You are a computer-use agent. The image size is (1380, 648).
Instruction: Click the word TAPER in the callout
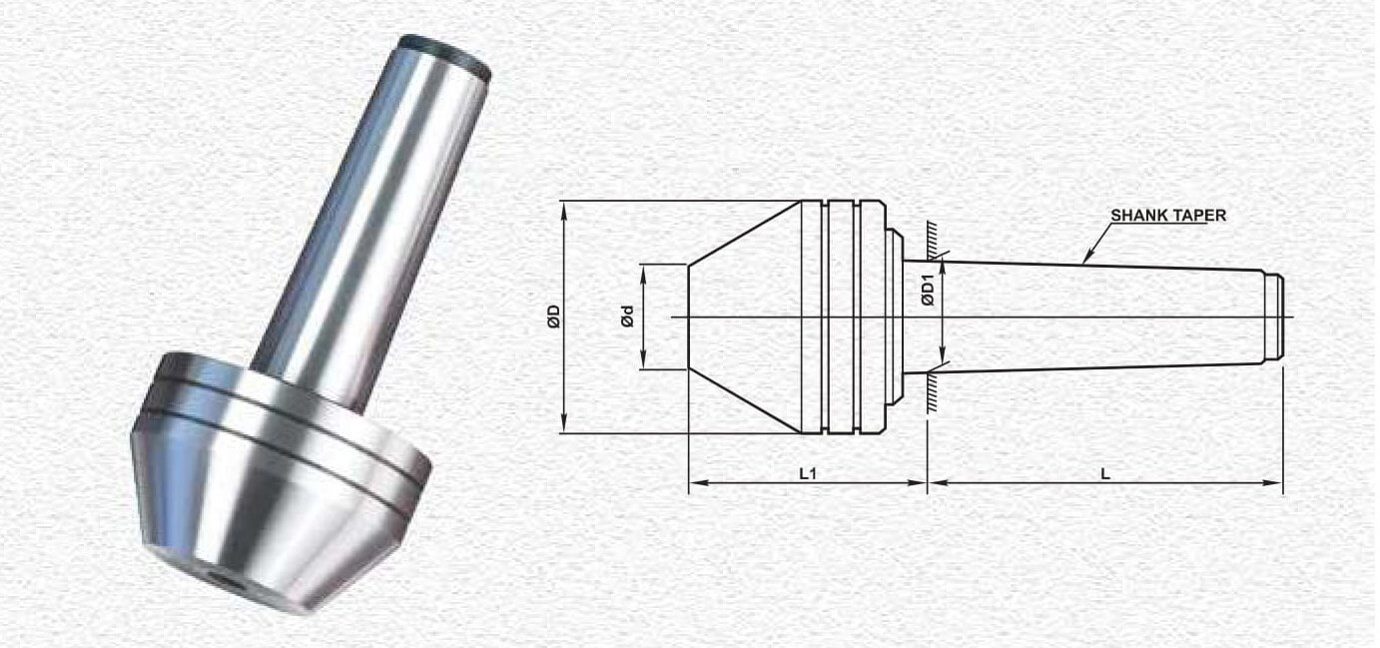coord(1199,215)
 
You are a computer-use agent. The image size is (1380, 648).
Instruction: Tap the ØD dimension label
coord(553,317)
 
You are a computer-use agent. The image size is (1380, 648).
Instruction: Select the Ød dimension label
coord(627,318)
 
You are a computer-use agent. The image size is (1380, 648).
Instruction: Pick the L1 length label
coord(808,473)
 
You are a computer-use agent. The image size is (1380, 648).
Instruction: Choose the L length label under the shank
coord(1105,473)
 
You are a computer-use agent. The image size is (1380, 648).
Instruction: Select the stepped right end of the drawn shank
coord(1274,318)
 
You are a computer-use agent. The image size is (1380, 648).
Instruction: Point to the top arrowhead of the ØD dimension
coord(565,207)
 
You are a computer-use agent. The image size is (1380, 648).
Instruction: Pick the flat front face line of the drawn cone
coord(688,318)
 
